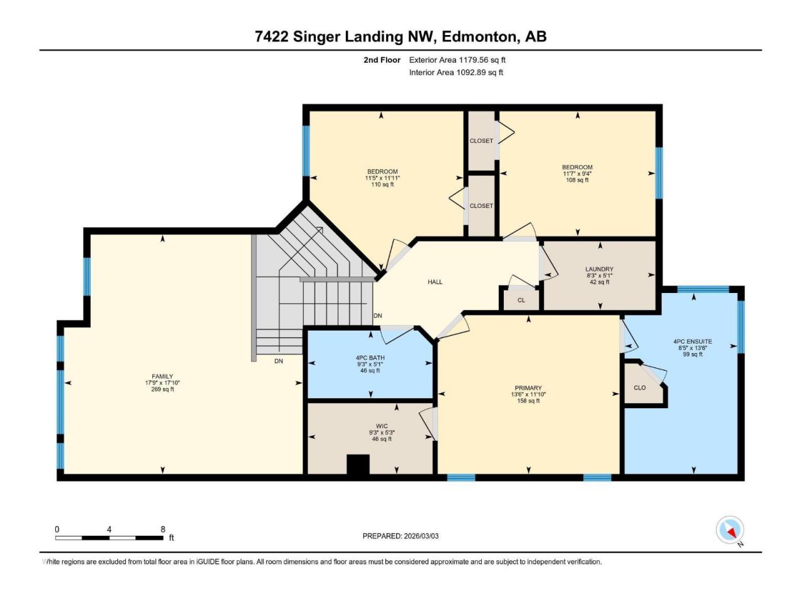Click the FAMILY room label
[x=162, y=376]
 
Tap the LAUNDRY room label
[x=599, y=269]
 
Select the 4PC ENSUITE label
[x=692, y=342]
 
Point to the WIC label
[x=382, y=426]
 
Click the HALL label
[x=435, y=282]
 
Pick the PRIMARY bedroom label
[x=528, y=388]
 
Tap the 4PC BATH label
[x=370, y=358]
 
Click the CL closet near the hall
[x=521, y=300]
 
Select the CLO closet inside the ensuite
[x=640, y=388]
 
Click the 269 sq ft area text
[x=162, y=389]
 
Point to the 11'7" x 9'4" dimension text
[x=577, y=173]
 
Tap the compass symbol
[x=730, y=530]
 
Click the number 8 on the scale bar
[x=162, y=529]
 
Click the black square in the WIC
[x=358, y=465]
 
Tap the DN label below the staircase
[x=279, y=361]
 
